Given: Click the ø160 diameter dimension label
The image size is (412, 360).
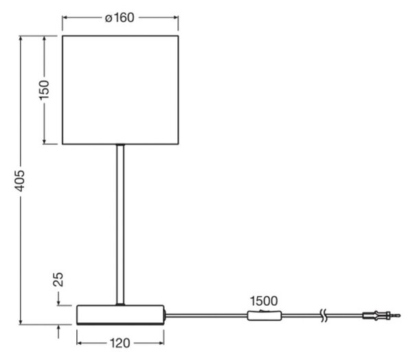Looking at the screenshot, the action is (119, 18).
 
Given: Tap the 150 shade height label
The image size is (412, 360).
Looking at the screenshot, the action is (44, 90).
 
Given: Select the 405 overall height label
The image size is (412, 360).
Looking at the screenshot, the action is (20, 181).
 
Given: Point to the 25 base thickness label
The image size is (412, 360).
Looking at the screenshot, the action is (58, 279).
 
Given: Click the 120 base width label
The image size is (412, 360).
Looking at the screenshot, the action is (119, 344).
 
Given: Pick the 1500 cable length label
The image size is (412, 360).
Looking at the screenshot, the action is (264, 301).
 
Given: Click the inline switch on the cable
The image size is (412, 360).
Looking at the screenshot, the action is (264, 315).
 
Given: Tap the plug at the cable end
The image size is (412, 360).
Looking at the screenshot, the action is (381, 315).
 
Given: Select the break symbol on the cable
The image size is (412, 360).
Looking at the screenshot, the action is (324, 315).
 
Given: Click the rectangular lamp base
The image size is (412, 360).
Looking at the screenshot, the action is (120, 315).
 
